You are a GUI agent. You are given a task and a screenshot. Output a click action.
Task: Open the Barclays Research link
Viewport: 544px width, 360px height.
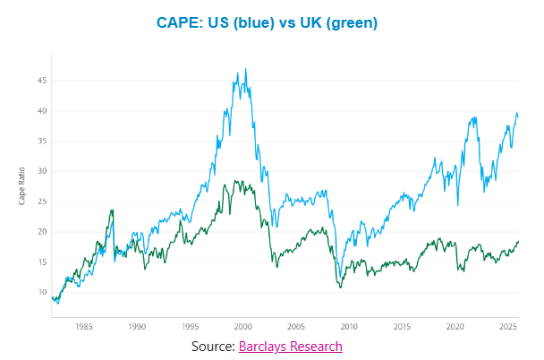290,346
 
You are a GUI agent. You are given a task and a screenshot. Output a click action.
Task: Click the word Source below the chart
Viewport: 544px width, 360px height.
212,346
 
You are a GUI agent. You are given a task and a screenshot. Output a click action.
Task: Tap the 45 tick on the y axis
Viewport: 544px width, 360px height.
40,81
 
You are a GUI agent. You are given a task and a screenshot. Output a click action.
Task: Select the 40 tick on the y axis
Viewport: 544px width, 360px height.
40,111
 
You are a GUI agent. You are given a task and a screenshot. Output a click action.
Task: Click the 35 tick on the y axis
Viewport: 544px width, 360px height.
40,141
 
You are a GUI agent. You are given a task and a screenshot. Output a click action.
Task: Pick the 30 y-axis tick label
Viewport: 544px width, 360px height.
40,171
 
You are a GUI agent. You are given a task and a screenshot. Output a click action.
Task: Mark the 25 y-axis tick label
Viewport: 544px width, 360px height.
40,201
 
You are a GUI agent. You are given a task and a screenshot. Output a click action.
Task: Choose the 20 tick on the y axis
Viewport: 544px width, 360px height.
40,232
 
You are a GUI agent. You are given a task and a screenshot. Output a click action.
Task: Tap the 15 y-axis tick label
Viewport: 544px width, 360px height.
40,262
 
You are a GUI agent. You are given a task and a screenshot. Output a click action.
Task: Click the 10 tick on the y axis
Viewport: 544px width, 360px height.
40,293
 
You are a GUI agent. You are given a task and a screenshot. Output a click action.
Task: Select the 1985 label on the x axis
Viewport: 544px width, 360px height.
83,327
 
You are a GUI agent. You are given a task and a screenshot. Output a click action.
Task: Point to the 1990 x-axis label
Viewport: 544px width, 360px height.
136,327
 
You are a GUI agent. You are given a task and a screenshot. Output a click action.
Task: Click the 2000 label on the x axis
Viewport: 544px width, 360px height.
242,327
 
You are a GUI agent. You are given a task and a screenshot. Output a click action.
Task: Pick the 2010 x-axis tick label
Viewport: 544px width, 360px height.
349,327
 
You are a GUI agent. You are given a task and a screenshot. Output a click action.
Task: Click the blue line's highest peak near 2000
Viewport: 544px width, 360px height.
246,69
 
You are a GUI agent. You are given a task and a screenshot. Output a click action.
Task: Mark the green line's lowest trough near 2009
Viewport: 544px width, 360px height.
340,287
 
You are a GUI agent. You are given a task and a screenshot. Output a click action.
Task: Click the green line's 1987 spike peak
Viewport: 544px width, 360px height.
113,210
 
